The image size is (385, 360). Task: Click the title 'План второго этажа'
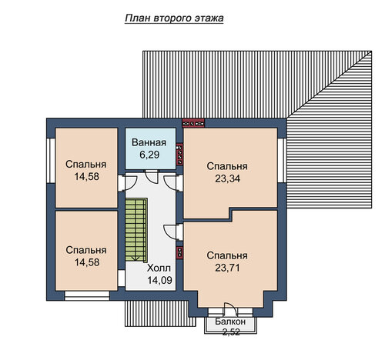pos(174,18)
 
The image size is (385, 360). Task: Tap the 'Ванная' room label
pos(149,142)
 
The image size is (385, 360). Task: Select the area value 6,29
pos(149,155)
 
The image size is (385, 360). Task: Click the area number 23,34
pos(227,178)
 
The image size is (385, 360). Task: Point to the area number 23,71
pos(227,268)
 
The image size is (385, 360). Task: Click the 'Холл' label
pos(159,268)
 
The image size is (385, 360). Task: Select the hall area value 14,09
pos(159,281)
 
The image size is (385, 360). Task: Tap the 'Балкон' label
pos(230,322)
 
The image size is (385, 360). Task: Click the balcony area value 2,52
pos(231,332)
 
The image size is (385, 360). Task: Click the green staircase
pos(136,230)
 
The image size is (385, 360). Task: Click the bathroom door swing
pos(151,176)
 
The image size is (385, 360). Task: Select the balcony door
pos(229,308)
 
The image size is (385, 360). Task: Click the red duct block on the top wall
pos(193,124)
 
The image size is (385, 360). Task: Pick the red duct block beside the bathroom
pos(179,155)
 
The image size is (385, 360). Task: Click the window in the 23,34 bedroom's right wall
pos(282,161)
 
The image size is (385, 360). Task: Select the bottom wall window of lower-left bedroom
pos(87,295)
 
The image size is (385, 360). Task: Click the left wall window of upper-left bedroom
pos(51,161)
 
